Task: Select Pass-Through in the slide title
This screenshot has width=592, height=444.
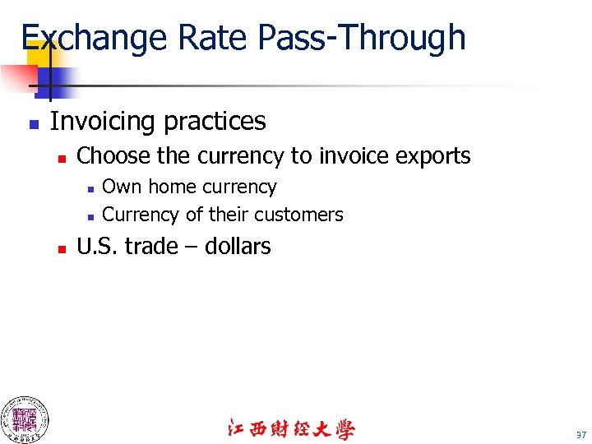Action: [x=361, y=38]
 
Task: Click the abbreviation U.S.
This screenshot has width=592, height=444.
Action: [x=97, y=246]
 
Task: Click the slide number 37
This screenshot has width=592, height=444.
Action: [x=581, y=435]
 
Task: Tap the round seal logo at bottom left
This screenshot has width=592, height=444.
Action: [x=24, y=419]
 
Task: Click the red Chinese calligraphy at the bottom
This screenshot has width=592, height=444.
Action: [x=291, y=429]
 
